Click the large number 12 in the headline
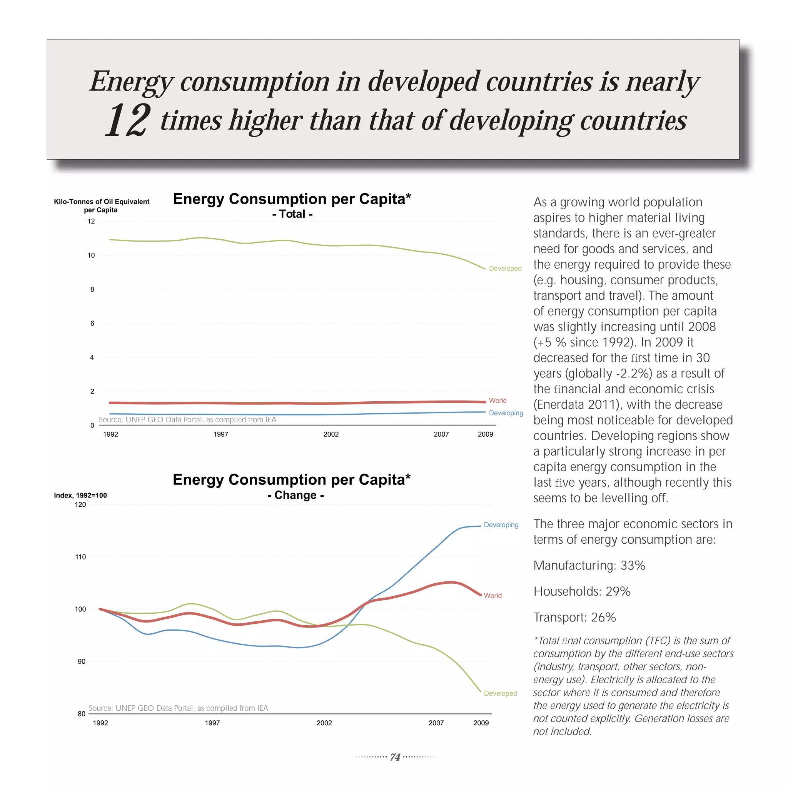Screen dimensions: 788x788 tap(128, 121)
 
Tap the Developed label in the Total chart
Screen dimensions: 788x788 tap(505, 269)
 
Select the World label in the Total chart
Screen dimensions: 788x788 tap(498, 401)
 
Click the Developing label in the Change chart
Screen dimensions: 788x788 tap(501, 525)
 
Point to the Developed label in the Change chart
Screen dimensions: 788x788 tap(500, 693)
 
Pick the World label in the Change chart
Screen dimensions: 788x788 tap(493, 596)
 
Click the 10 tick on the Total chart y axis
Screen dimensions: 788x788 tap(91, 255)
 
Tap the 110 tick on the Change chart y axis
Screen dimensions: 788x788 tap(80, 557)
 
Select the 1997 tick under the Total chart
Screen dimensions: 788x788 tap(220, 434)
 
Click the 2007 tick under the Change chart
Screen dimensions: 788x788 tap(436, 723)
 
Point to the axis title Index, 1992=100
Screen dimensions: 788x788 tap(80, 495)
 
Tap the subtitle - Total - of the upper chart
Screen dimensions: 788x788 tap(292, 214)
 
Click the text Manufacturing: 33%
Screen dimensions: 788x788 tap(589, 566)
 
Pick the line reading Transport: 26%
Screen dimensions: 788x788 tap(574, 618)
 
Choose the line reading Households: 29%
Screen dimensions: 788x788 tap(582, 591)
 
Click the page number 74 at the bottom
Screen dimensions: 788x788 tap(395, 757)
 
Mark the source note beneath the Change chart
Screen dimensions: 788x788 tap(178, 708)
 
